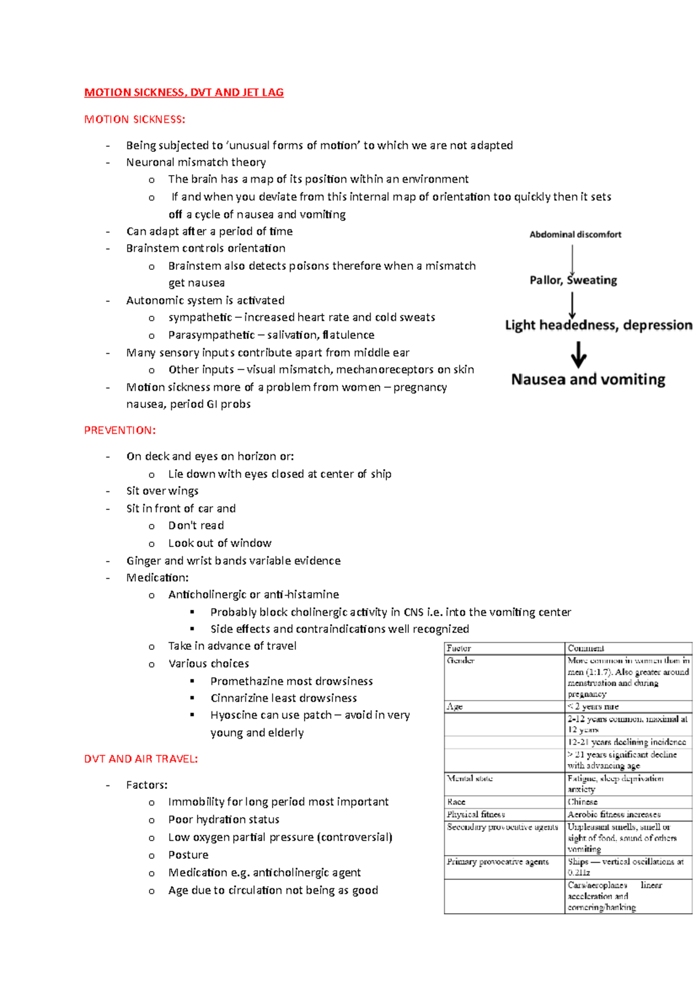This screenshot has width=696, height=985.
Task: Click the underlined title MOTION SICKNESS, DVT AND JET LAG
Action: (x=184, y=92)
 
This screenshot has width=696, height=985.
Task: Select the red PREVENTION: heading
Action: (x=120, y=430)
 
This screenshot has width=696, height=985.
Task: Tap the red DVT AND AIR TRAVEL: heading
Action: (x=141, y=759)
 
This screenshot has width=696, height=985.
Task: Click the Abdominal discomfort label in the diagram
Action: (x=575, y=234)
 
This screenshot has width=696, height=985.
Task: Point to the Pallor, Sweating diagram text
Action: (x=573, y=280)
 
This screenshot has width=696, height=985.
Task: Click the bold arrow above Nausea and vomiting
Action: (x=578, y=355)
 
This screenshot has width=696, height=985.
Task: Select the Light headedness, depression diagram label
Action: (x=598, y=325)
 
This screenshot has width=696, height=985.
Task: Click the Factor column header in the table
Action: (x=459, y=649)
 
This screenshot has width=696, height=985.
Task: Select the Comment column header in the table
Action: (x=586, y=649)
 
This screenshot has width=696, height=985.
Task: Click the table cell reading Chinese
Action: (x=582, y=802)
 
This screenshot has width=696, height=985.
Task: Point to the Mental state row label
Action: (x=469, y=778)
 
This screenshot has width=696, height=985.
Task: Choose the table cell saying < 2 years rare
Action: (x=593, y=707)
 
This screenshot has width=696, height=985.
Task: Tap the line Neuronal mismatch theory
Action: (x=196, y=162)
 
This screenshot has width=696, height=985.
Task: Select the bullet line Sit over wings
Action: (x=162, y=491)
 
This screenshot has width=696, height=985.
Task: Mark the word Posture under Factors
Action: (x=188, y=855)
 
